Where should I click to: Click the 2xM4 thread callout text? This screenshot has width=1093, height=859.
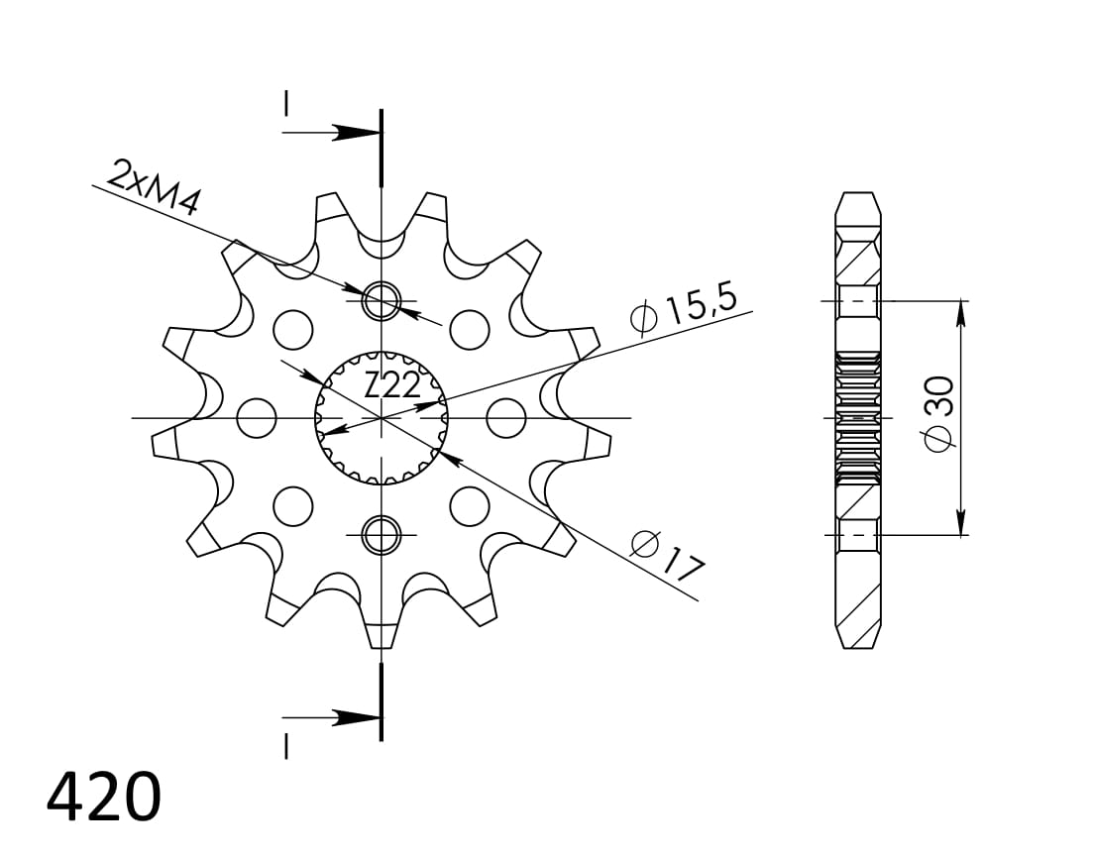pos(156,187)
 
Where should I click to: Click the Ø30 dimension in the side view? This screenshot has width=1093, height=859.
pos(937,412)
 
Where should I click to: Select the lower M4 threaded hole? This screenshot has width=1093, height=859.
pos(382,535)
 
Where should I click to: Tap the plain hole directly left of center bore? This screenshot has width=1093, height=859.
pos(258,417)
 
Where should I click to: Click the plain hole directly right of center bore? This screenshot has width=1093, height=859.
pos(505,417)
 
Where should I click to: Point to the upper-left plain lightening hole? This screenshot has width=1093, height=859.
pos(293,328)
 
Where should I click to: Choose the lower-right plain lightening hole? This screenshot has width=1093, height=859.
pos(469,506)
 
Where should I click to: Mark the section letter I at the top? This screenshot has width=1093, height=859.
pos(286,104)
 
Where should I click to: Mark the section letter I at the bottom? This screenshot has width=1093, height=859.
pos(286,745)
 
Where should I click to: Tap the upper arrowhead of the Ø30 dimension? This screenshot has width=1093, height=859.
pos(960,313)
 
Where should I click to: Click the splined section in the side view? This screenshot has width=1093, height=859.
pos(857,416)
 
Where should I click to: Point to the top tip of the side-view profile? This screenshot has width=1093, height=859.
pos(857,195)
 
